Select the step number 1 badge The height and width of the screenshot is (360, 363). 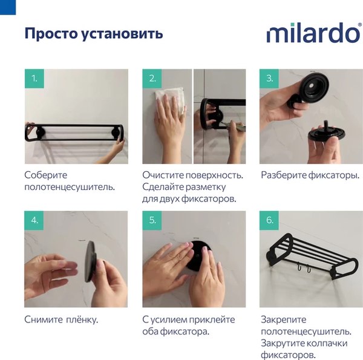point(34,79)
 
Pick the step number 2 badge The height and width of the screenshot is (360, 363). point(152,79)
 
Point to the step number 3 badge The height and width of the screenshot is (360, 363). point(270,79)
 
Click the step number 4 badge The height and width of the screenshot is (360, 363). point(34,221)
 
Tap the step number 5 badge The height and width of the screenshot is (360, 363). point(152,221)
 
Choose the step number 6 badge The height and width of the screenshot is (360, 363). point(270,221)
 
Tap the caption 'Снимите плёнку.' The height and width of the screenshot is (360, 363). point(61,319)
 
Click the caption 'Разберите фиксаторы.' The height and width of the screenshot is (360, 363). point(310,175)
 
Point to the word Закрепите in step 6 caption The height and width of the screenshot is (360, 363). point(284,319)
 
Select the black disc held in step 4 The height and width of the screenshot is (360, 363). point(91,261)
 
